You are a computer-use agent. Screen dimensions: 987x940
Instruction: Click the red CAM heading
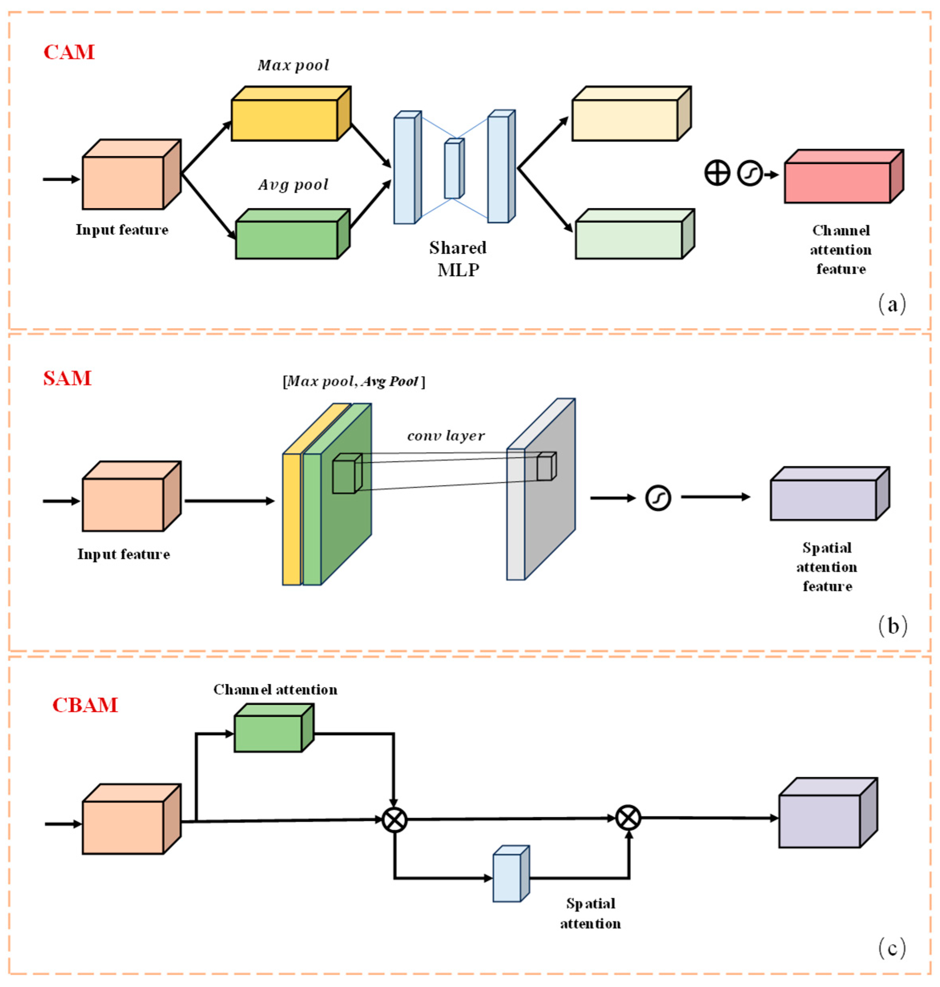(69, 52)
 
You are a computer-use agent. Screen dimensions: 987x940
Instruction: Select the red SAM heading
(67, 378)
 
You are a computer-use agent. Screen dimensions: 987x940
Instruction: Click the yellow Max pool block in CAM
(285, 119)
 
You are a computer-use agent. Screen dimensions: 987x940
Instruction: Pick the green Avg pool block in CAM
(287, 239)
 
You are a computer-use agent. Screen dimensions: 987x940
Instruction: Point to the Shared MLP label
(458, 259)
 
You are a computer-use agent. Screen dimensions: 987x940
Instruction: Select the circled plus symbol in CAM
(717, 173)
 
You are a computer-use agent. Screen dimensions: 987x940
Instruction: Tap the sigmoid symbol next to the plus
(749, 173)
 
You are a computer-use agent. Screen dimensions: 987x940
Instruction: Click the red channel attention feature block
(838, 183)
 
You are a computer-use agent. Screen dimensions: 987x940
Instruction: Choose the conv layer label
(446, 436)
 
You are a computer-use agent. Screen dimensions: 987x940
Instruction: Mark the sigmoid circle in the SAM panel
(657, 499)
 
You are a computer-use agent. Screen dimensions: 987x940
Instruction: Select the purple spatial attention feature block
(823, 500)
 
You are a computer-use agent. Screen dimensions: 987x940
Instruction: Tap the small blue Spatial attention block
(507, 877)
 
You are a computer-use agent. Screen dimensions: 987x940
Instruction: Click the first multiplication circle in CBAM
(394, 820)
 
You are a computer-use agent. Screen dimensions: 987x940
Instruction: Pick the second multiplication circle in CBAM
(628, 818)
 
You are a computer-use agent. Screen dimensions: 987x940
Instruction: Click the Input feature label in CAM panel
(122, 230)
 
